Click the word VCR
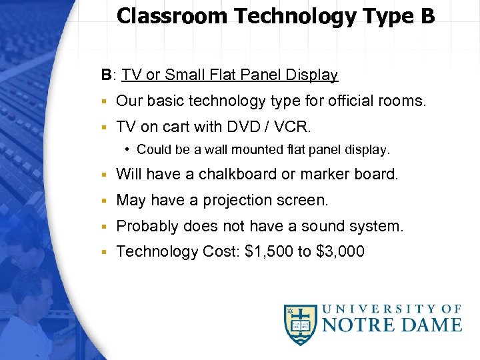tap(295, 127)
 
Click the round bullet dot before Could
tap(128, 150)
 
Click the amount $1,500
tap(269, 252)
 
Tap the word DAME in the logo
tap(429, 325)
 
